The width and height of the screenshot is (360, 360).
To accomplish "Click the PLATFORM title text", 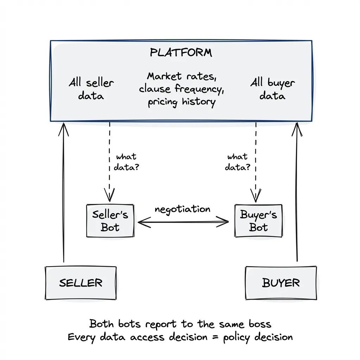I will [181, 53].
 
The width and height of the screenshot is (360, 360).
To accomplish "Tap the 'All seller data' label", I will [91, 89].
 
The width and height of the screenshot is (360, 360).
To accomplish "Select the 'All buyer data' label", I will [272, 89].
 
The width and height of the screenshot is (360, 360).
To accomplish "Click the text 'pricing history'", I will [181, 102].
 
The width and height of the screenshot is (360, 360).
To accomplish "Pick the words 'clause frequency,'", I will [181, 89].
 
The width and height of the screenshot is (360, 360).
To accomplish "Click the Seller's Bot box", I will [110, 221].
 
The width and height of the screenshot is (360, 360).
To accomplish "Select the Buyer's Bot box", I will [258, 221].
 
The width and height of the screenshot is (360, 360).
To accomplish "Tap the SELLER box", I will [81, 283].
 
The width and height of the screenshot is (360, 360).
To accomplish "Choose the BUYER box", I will [280, 283].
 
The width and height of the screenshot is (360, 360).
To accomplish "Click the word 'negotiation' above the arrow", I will [182, 209].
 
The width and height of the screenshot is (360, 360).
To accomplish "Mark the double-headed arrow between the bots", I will [183, 222].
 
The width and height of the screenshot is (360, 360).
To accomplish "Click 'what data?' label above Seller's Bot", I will [126, 162].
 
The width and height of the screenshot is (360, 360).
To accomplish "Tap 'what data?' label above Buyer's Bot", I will [238, 162].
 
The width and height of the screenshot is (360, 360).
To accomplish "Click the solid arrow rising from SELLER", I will [64, 193].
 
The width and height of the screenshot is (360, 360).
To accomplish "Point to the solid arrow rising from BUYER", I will [297, 193].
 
